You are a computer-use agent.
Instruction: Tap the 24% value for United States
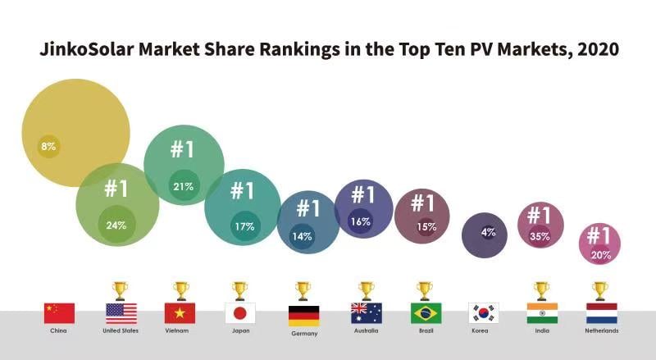click(x=116, y=225)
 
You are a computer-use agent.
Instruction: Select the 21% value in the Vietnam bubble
click(x=183, y=186)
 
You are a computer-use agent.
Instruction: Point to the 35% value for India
click(x=540, y=236)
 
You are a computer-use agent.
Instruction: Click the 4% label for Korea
click(x=488, y=232)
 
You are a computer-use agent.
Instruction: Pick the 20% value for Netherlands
click(x=599, y=255)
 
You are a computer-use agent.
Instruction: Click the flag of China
click(x=59, y=312)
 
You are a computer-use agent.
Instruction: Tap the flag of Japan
click(x=239, y=312)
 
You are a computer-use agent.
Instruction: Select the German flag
click(x=303, y=315)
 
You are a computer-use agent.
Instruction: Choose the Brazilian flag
click(x=425, y=312)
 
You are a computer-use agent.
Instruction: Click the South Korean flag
click(x=484, y=312)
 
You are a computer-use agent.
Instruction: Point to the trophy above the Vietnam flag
click(x=180, y=291)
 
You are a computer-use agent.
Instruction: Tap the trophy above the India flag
click(x=541, y=291)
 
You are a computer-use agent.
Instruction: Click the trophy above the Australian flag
click(x=366, y=291)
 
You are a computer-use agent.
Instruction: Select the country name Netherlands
click(x=602, y=331)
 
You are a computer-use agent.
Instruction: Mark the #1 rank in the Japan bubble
click(x=242, y=191)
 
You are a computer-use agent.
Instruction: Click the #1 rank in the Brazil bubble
click(x=422, y=203)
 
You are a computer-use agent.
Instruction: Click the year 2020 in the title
click(x=597, y=48)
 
